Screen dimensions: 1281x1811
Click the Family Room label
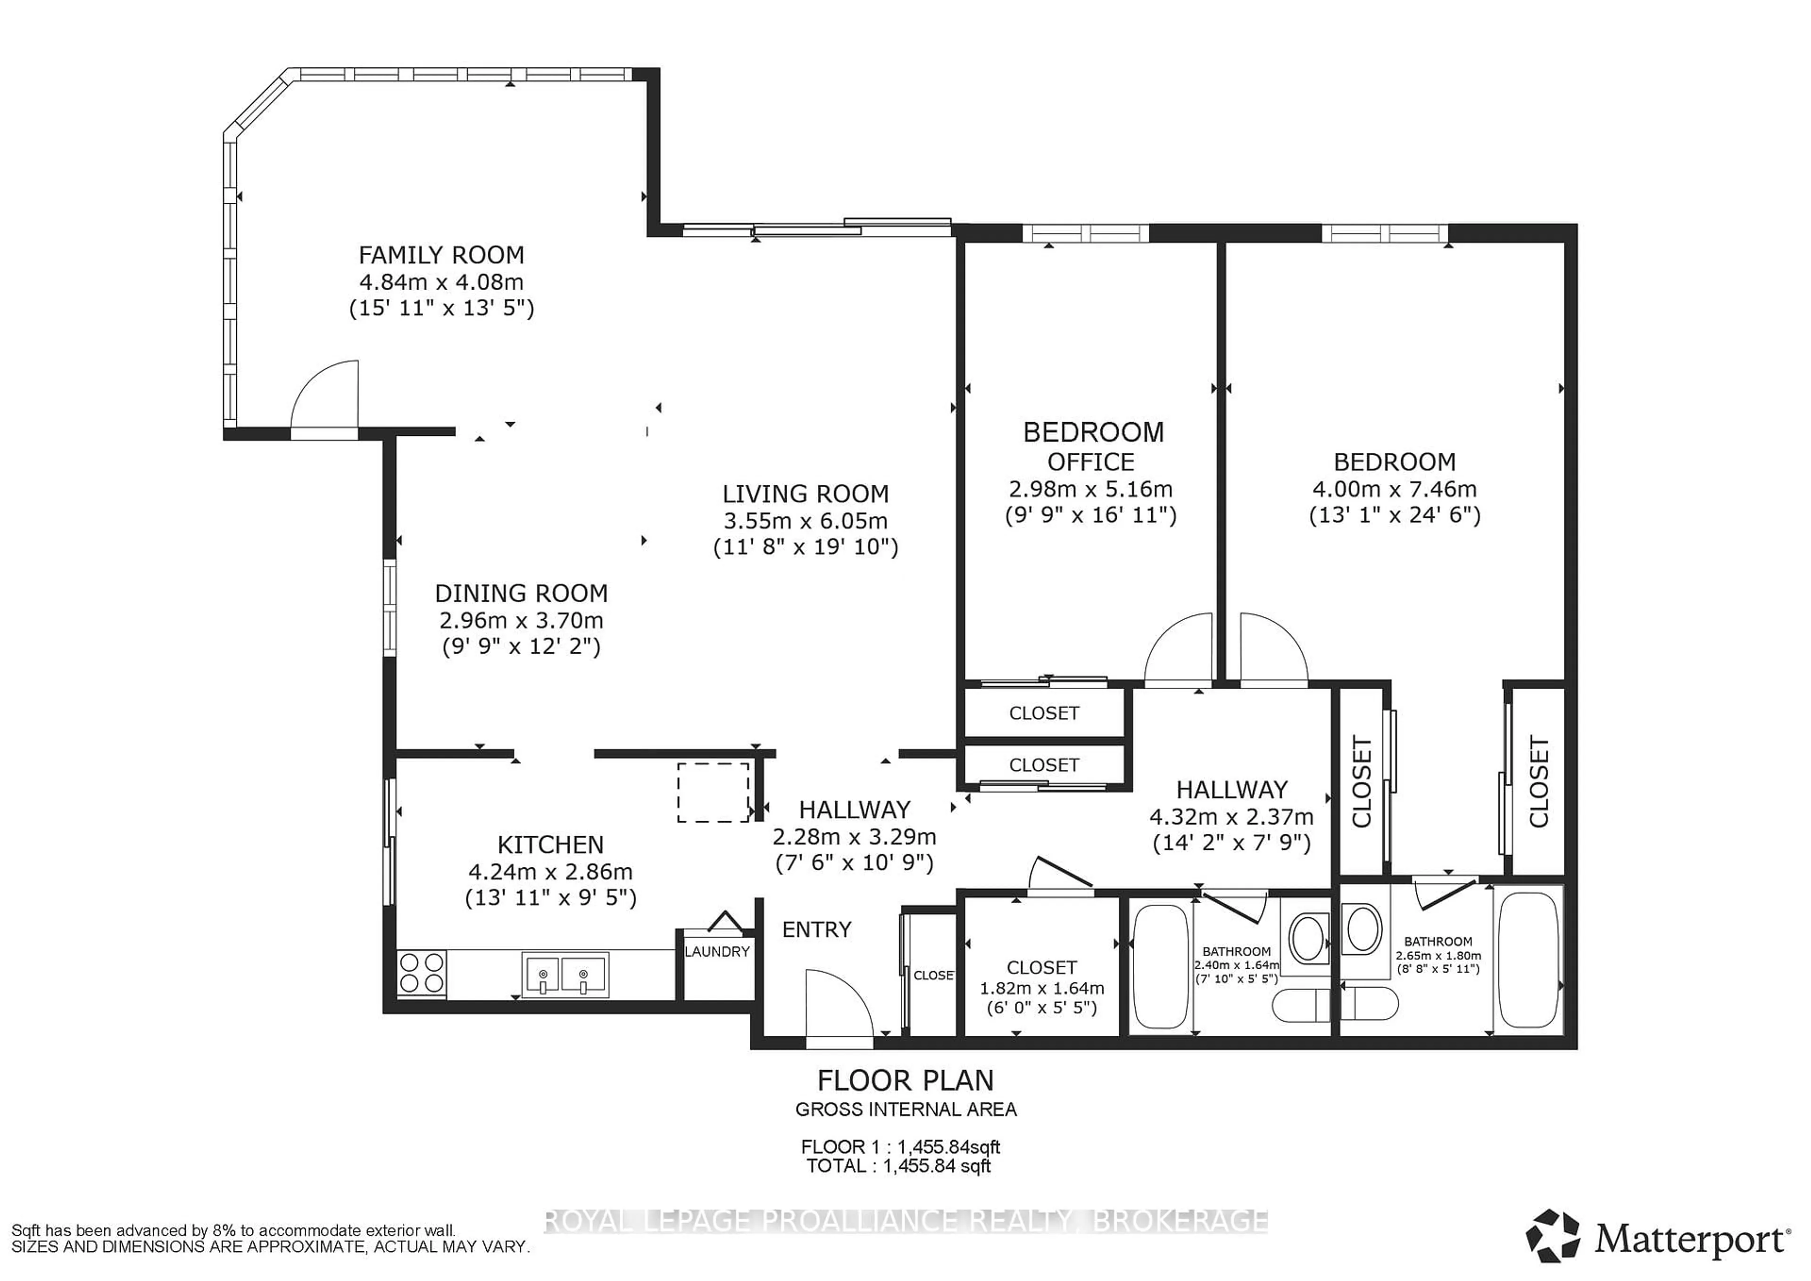tap(441, 255)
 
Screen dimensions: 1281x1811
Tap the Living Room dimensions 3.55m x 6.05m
tap(806, 521)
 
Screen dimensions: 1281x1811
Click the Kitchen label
tap(550, 845)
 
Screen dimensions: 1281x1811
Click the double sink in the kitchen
tap(564, 974)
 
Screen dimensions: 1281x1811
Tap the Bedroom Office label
tap(1092, 447)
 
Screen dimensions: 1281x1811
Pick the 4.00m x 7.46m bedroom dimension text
tap(1394, 489)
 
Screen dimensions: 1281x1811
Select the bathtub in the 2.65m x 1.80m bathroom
tap(1528, 959)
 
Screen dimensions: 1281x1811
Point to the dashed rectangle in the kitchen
tap(713, 792)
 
